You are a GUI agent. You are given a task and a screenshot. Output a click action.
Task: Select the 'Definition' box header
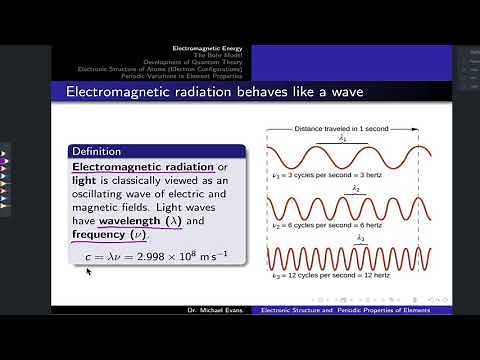pos(97,151)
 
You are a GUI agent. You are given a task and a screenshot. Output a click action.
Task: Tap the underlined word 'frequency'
pos(99,235)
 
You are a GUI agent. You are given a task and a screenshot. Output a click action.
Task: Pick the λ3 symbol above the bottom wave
pos(362,239)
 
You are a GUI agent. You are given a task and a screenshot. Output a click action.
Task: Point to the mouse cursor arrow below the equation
pos(90,270)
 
